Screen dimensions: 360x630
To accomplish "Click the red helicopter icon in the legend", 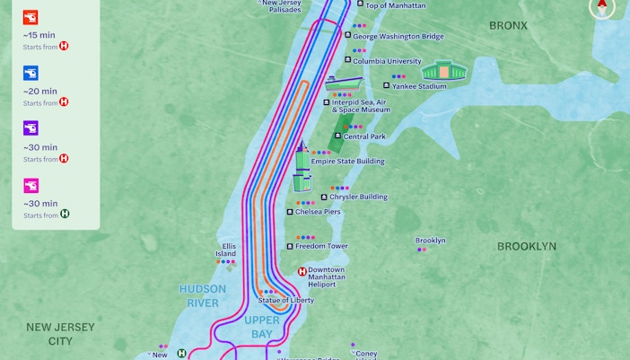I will coord(31,17).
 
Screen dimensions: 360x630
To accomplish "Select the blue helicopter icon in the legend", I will coord(31,74).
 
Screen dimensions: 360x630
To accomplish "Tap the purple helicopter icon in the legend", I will coord(31,129).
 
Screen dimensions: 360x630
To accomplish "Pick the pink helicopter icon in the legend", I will coord(31,186).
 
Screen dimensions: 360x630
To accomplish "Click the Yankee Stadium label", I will coord(418,86).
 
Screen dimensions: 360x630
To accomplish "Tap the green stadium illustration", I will coord(441,71).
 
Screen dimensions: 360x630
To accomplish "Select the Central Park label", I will coord(363,136).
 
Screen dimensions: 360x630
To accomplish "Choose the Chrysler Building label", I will coord(358,197).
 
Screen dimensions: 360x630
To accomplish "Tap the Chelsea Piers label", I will coord(318,212).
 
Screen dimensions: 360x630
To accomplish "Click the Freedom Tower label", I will coord(322,246).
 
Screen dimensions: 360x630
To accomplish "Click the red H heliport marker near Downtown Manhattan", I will coord(302,272).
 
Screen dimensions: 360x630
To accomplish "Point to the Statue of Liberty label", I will coord(286,300).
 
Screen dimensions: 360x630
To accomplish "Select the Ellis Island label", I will coord(225,250).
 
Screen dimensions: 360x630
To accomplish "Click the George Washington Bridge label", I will coord(398,37).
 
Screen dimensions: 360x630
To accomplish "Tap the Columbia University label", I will coord(386,61).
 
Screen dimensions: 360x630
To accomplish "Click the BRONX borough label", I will coord(508,26).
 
